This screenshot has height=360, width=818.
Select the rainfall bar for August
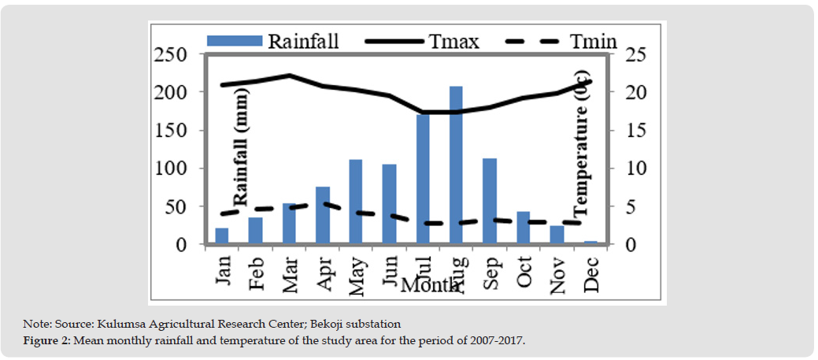[456, 165]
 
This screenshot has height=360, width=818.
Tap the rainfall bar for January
[222, 236]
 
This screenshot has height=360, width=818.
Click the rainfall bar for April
[322, 216]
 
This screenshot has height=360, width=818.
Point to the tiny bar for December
[590, 243]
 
